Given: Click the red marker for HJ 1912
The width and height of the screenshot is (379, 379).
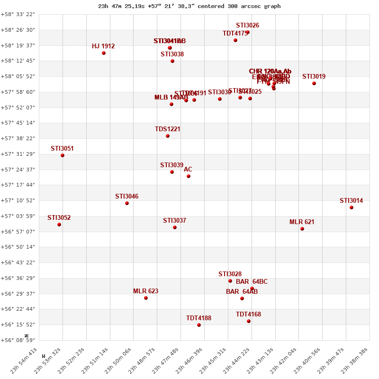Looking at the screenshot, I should tap(104, 53).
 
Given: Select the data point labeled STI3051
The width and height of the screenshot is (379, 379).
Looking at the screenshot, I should tap(63, 155).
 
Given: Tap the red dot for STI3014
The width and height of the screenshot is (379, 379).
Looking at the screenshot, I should tap(352, 208).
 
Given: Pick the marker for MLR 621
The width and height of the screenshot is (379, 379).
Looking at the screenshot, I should tap(302, 229).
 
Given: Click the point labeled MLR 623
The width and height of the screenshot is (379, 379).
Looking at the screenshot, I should tap(146, 298).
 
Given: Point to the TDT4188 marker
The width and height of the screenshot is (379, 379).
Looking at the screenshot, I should tap(199, 325).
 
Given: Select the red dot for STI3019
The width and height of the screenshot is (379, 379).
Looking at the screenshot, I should tap(314, 83).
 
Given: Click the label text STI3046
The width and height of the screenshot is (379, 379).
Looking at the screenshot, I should tap(126, 196).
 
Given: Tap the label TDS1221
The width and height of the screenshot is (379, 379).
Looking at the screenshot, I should tap(168, 129).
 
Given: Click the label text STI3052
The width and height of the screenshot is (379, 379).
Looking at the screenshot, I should tap(59, 217).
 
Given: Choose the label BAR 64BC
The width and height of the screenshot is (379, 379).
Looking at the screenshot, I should tap(252, 281).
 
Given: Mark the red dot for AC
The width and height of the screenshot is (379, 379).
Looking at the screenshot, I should tap(189, 176).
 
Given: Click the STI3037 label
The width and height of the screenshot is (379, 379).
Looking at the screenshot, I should tap(174, 220).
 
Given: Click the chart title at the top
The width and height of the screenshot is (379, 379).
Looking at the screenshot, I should tap(189, 6).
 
